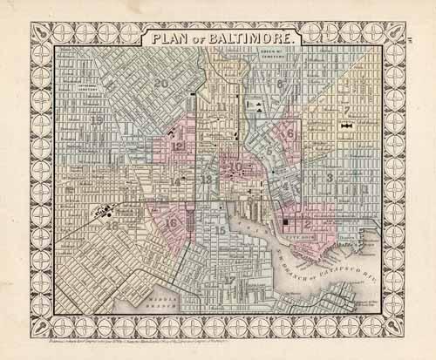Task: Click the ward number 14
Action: point(176,181)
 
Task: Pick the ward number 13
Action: point(207,179)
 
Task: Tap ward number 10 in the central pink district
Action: point(235,166)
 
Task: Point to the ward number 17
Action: point(229,279)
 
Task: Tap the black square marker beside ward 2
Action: point(285,225)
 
